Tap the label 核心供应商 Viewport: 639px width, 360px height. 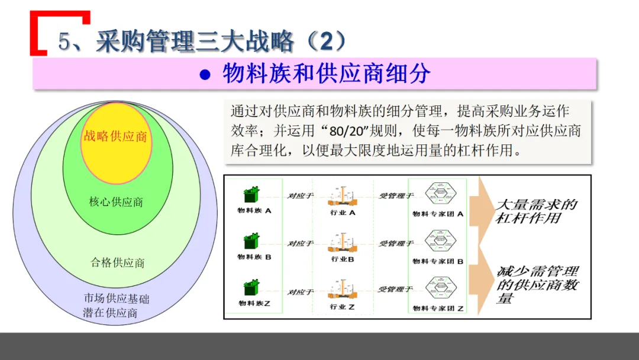click(x=116, y=202)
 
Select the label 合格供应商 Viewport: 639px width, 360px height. click(x=117, y=262)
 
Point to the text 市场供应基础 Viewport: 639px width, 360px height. click(x=117, y=299)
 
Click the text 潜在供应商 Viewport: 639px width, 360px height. click(x=110, y=313)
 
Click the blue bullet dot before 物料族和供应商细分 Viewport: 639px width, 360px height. click(x=205, y=75)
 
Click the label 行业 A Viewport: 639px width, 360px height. click(x=343, y=213)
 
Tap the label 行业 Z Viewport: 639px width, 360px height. click(x=343, y=307)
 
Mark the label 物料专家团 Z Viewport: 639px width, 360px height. click(x=438, y=308)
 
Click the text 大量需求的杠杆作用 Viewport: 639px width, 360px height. click(x=535, y=211)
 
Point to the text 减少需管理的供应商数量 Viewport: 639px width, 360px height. click(x=537, y=285)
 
